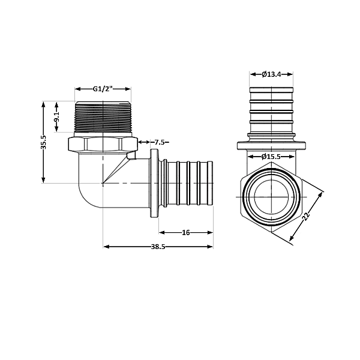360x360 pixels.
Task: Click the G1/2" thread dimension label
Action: click(103, 89)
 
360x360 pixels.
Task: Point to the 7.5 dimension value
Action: click(159, 142)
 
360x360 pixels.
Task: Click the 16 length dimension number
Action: click(185, 232)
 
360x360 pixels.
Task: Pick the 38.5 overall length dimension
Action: click(158, 247)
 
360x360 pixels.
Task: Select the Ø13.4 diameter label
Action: click(272, 74)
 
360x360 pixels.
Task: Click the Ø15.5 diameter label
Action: click(272, 157)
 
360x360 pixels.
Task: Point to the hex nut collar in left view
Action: click(103, 145)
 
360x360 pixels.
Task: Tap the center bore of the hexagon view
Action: click(272, 195)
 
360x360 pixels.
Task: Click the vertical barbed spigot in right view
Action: click(272, 114)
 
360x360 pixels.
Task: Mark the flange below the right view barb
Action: click(272, 145)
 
